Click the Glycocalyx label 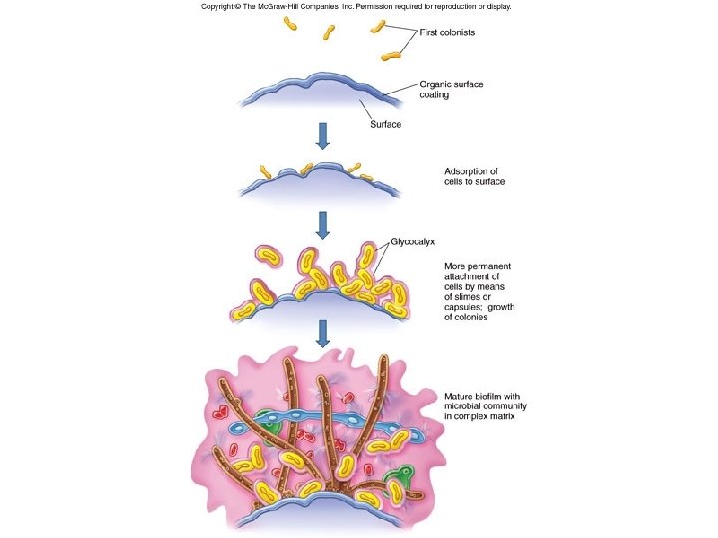click(412, 241)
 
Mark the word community click(507, 407)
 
